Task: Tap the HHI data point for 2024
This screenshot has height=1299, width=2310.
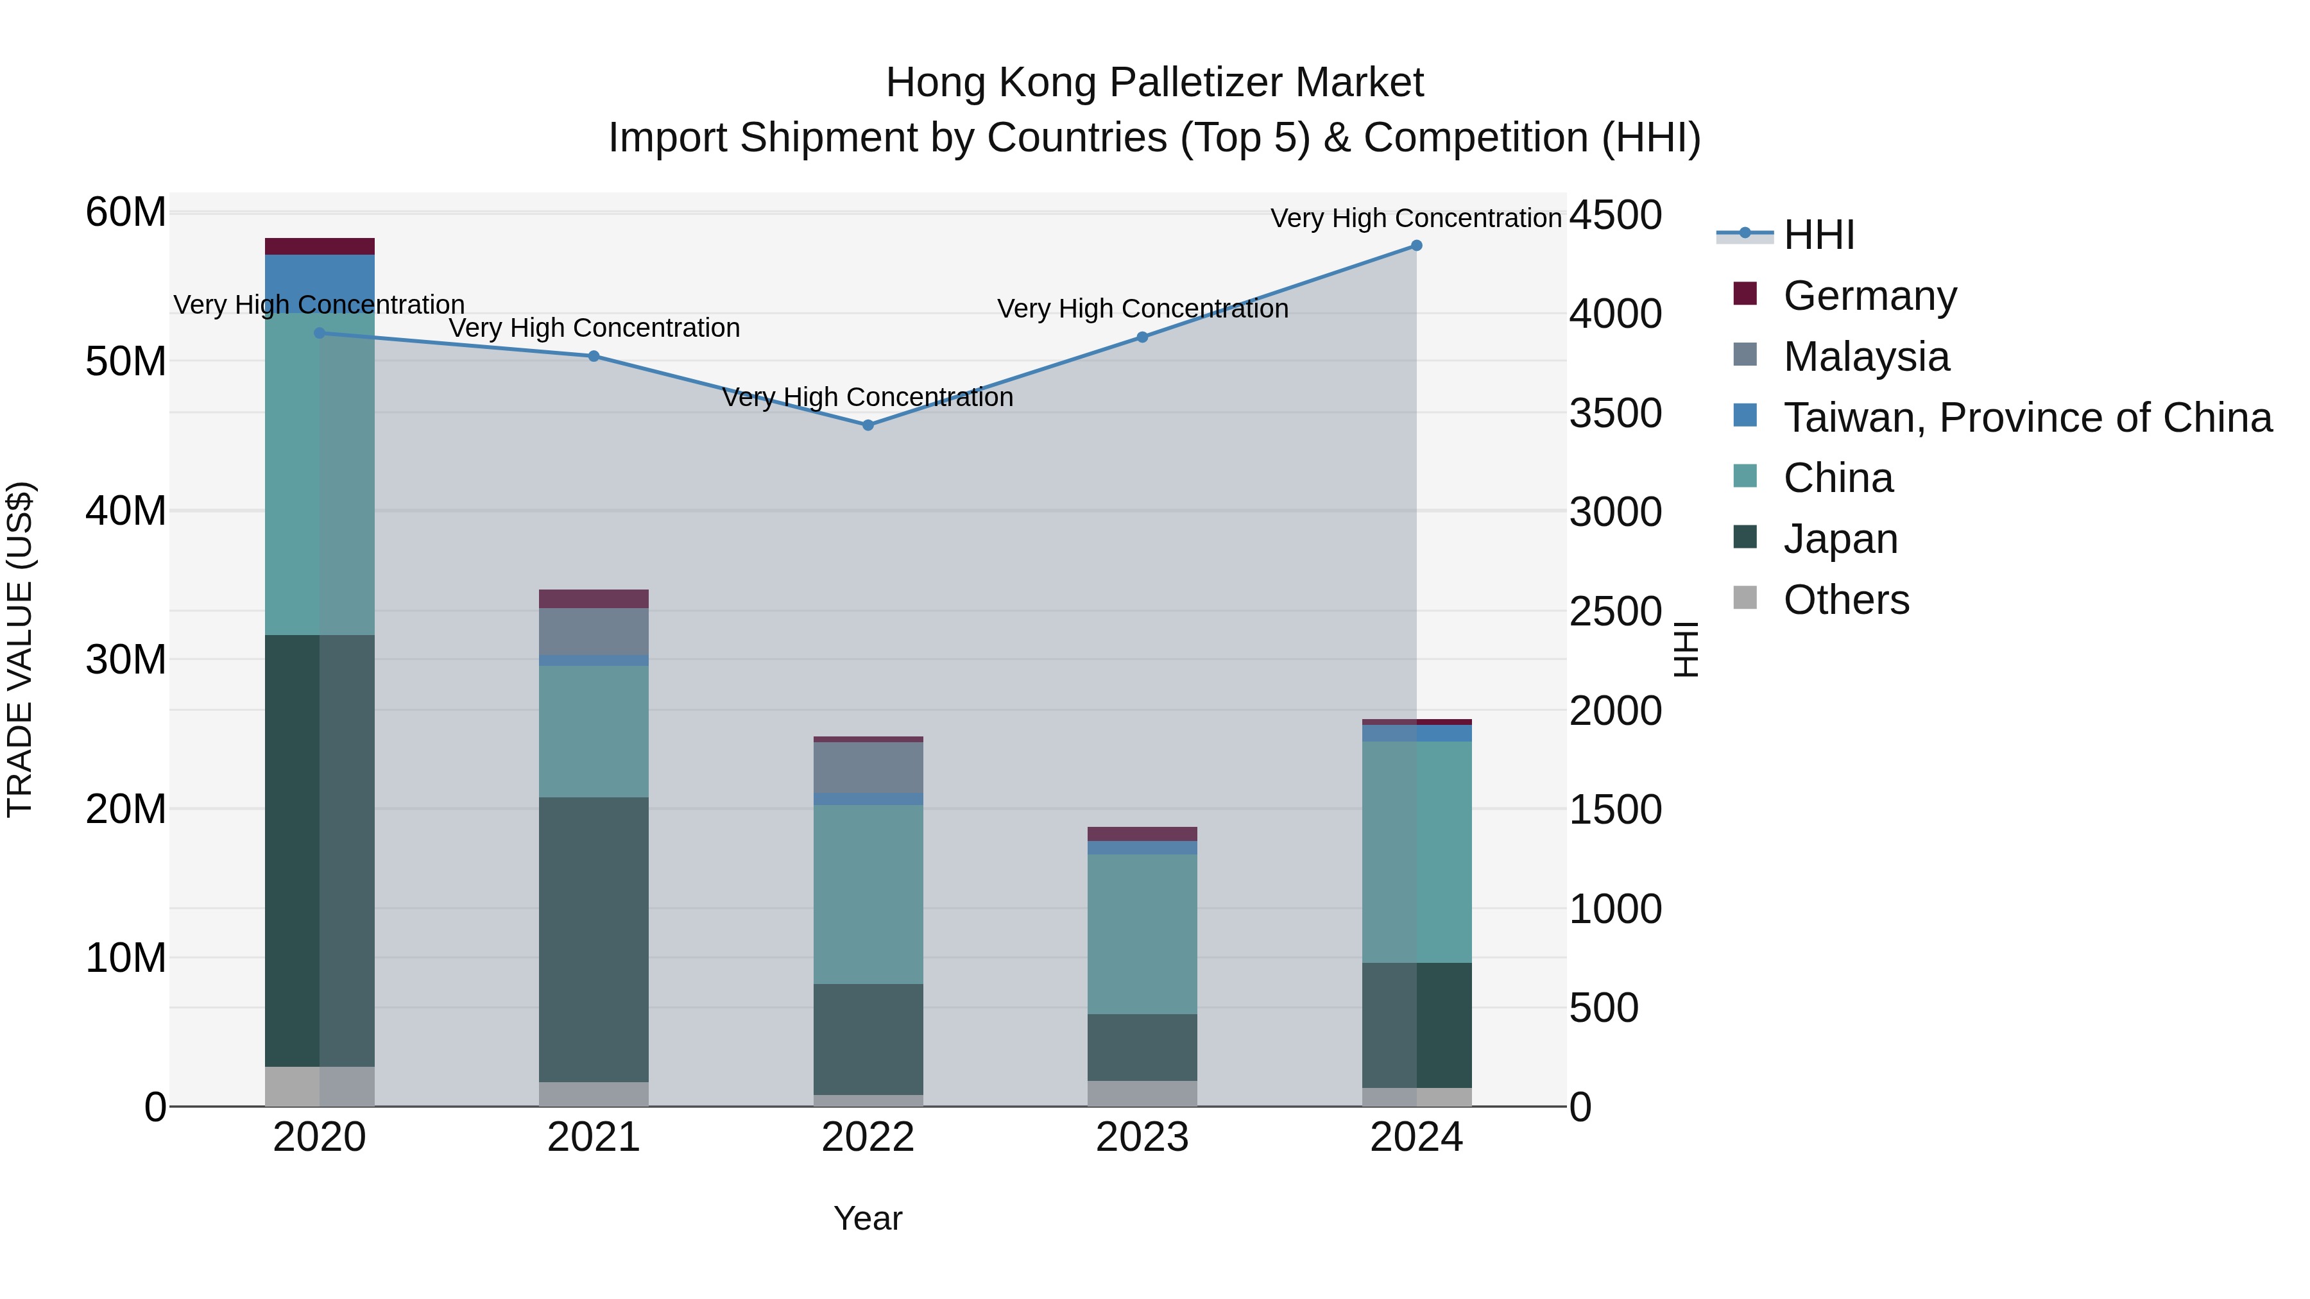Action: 1416,246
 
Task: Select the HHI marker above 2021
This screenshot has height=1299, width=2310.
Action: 594,356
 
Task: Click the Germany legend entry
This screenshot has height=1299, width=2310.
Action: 1870,296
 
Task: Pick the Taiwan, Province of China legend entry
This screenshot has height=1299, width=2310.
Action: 2026,418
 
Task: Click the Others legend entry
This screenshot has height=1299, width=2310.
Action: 1846,600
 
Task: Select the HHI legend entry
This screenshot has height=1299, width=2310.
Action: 1818,235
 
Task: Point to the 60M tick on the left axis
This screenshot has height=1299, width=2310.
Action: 126,214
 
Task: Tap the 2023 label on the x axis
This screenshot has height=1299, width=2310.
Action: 1142,1137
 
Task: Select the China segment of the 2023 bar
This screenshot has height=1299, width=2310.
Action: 1142,933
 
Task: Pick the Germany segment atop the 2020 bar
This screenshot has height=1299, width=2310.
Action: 320,246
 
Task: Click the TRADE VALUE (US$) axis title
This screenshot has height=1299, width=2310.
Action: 20,650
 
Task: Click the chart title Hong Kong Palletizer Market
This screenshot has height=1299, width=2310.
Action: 1154,83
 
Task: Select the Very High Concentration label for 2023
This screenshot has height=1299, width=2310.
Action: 1142,309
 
